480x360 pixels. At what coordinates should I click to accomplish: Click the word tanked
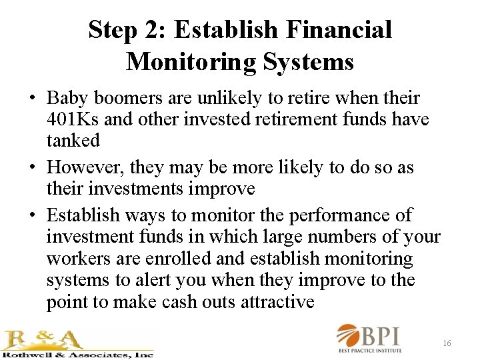[x=73, y=141]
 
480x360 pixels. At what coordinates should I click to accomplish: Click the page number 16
[x=447, y=343]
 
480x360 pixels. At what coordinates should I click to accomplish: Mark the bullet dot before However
[x=32, y=167]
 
